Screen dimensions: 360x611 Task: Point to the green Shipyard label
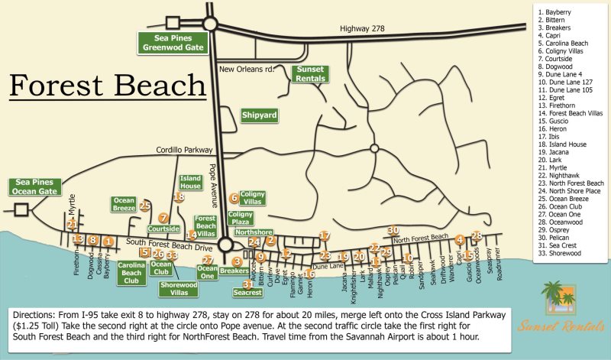(x=260, y=115)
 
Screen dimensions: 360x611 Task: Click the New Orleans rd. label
(x=246, y=70)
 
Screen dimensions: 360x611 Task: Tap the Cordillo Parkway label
(x=182, y=151)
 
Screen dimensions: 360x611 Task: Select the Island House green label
(x=190, y=182)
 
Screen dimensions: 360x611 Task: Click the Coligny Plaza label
(x=241, y=219)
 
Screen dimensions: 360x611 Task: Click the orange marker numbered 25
(x=144, y=206)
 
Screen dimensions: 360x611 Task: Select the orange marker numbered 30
(x=393, y=230)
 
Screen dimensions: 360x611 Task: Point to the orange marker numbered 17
(x=325, y=236)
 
